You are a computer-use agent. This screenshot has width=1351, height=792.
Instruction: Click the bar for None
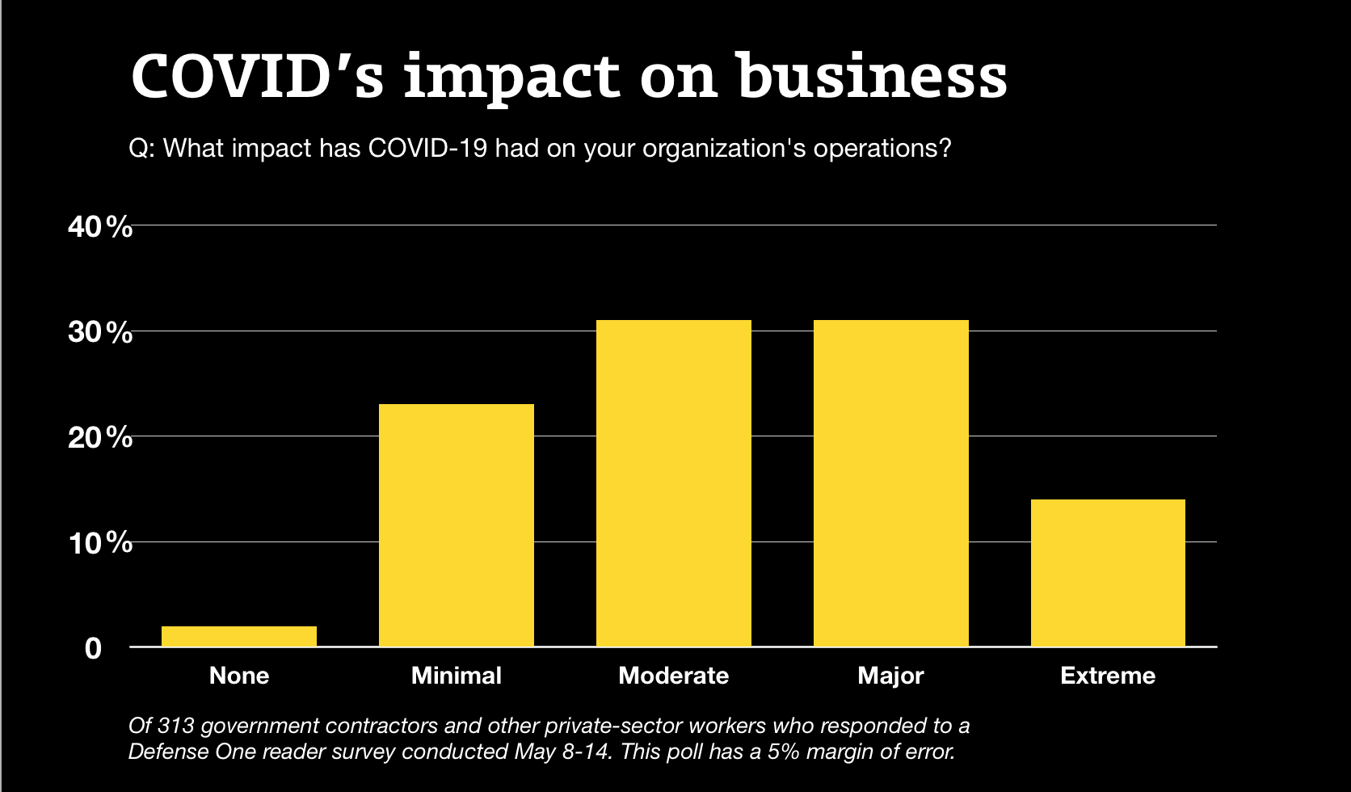click(239, 636)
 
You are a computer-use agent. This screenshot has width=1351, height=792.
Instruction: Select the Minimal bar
click(457, 525)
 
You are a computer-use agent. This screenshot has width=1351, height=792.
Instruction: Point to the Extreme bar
click(1108, 573)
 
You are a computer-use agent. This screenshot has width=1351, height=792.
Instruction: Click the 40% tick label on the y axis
click(100, 227)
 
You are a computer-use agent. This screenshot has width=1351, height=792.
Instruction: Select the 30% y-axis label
click(100, 332)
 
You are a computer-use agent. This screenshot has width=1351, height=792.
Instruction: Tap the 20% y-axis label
click(100, 437)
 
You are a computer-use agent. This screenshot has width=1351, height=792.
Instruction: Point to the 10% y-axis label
click(100, 543)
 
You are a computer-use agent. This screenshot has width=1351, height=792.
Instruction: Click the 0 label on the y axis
click(94, 648)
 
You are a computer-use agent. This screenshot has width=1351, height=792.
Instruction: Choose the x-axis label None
click(239, 676)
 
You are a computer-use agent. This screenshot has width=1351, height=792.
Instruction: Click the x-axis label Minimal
click(457, 676)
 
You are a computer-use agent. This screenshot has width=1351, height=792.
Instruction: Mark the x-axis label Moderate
click(674, 676)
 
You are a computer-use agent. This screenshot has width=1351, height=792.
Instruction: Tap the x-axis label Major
click(890, 676)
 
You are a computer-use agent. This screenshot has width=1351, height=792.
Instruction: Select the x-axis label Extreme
click(1108, 676)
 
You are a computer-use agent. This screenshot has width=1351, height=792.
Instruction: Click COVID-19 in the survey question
click(427, 149)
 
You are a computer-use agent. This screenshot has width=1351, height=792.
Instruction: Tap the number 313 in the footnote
click(176, 726)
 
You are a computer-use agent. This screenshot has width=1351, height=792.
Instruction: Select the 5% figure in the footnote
click(784, 752)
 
